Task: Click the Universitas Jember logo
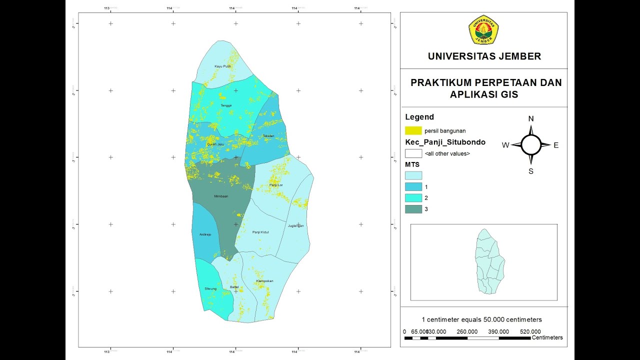pos(483,29)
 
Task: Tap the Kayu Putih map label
pos(222,66)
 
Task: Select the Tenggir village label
pos(226,105)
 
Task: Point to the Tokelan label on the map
pos(268,136)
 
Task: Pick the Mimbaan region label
pos(220,196)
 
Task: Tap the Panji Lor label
pos(276,185)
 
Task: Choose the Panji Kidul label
pos(261,232)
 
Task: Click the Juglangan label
pos(295,225)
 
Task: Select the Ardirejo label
pos(205,233)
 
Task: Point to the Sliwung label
pos(210,288)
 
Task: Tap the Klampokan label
pos(264,281)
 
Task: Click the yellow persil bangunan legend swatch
pos(413,131)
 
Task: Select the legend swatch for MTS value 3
pos(413,209)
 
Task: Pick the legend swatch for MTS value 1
pos(413,186)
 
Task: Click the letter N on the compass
pos(531,119)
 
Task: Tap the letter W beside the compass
pos(505,145)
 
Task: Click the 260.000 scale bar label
pos(467,331)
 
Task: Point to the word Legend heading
pos(419,117)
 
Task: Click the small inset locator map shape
pos(489,261)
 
